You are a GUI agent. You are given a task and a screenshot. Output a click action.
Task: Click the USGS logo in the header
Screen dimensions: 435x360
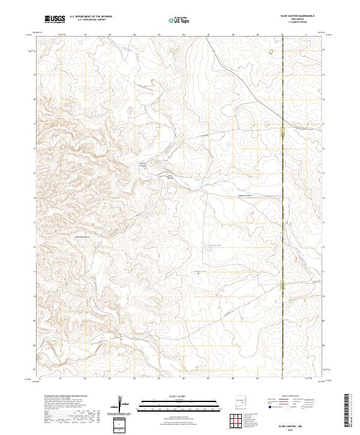click(x=53, y=19)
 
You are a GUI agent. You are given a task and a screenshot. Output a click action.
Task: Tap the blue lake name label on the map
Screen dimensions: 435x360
click(x=214, y=245)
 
